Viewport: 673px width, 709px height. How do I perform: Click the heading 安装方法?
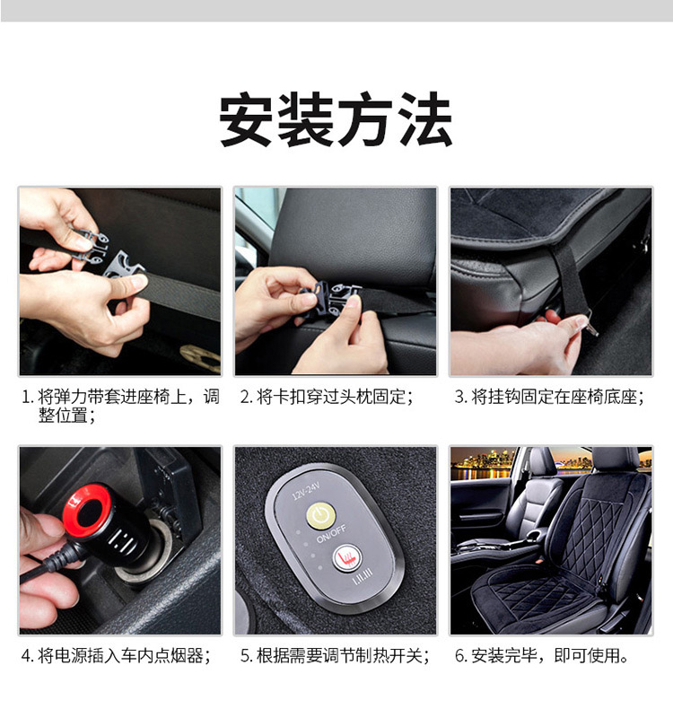[x=336, y=119]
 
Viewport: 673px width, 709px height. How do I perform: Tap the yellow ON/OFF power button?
[x=321, y=515]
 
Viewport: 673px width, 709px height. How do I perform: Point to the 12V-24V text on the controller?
[x=306, y=491]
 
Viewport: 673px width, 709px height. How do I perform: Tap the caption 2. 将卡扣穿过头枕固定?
[x=327, y=397]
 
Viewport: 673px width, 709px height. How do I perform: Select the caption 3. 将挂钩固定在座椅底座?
[x=549, y=397]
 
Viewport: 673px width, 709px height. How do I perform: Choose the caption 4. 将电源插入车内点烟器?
[x=116, y=656]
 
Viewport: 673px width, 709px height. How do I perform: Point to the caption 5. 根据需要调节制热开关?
[x=335, y=656]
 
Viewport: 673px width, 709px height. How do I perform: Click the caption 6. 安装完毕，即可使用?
[x=541, y=656]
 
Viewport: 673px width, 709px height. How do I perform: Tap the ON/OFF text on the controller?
[x=331, y=534]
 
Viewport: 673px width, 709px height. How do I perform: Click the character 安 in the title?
[x=247, y=119]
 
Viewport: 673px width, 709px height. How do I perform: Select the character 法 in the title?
[x=425, y=119]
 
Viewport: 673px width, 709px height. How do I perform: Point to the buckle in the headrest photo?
[x=330, y=299]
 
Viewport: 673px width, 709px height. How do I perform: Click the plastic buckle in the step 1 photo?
[x=109, y=253]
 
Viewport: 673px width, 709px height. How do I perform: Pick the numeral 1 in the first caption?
[x=26, y=398]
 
